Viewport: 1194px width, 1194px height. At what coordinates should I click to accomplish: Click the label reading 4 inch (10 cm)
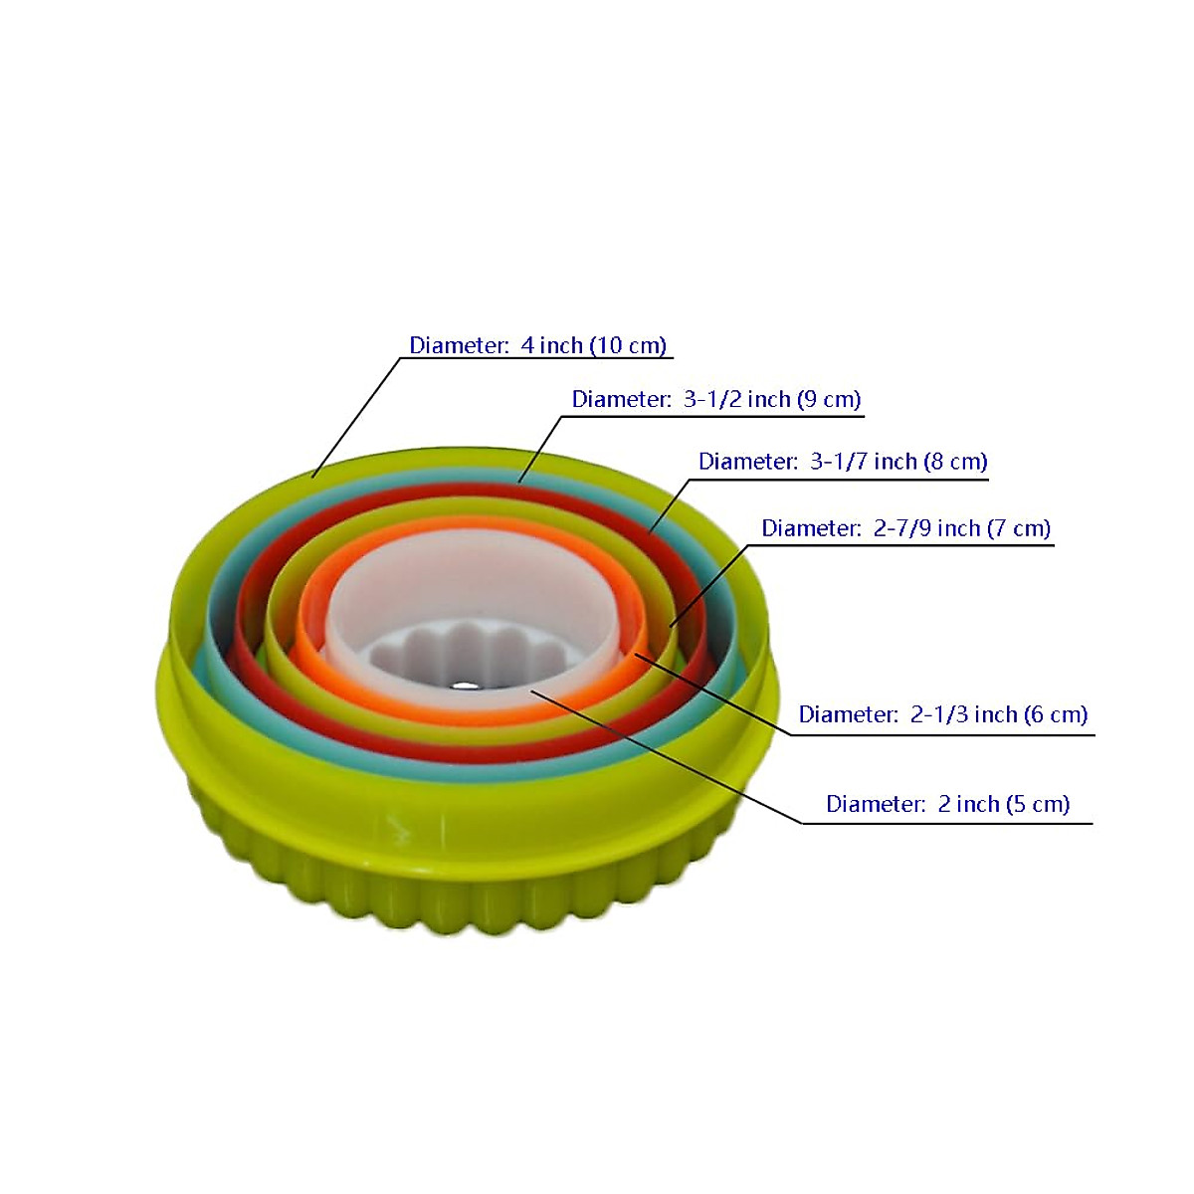coord(537,345)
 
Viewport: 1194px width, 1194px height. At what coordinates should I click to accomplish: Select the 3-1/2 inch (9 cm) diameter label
coord(715,399)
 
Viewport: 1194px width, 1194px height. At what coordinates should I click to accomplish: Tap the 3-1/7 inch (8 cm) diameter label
coord(842,462)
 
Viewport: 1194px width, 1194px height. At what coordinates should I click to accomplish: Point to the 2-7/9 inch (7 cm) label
coord(905,528)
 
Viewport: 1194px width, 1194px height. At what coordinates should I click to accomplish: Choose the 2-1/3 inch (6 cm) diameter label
coord(942,714)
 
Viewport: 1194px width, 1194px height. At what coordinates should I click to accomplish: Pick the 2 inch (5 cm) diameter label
coord(947,804)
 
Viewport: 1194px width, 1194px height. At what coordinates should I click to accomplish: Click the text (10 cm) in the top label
coord(628,345)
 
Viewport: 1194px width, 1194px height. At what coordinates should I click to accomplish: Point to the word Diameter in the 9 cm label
coord(621,399)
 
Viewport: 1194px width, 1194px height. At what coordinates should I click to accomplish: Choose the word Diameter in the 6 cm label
coord(848,714)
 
